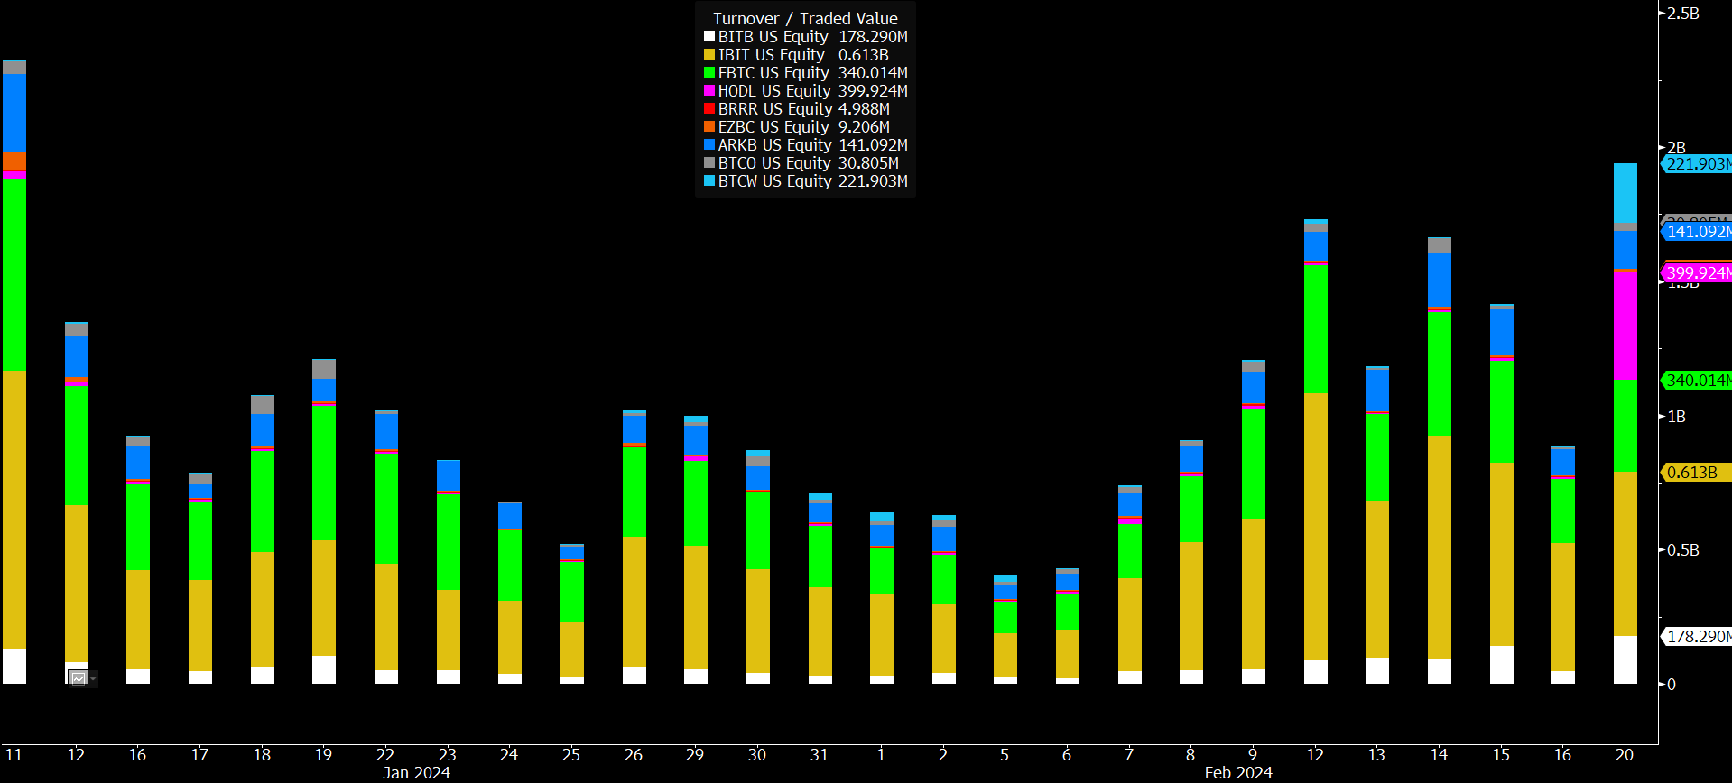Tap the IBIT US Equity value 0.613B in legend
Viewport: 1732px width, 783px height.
(863, 55)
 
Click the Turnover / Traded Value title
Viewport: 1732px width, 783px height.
(805, 18)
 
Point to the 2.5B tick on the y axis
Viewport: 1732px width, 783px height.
(1682, 14)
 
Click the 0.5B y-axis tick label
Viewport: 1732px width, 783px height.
(1682, 550)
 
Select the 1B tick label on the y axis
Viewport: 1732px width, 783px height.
(1676, 417)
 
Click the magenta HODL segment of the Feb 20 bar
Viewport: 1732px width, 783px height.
(1625, 325)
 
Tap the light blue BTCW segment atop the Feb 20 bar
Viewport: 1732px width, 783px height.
(1625, 193)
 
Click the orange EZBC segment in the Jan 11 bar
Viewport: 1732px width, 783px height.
(14, 161)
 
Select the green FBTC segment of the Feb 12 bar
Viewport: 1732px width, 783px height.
(1315, 328)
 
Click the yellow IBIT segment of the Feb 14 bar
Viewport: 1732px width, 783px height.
(1439, 547)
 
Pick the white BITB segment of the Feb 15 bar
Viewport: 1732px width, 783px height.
(1501, 665)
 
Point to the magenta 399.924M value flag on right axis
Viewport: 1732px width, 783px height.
(1698, 272)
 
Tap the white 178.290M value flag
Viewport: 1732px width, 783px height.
(1698, 637)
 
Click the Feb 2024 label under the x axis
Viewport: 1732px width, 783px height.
(1237, 773)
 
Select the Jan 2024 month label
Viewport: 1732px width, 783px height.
(416, 773)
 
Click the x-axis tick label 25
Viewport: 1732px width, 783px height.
(571, 755)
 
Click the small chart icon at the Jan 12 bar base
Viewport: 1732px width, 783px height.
(79, 678)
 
